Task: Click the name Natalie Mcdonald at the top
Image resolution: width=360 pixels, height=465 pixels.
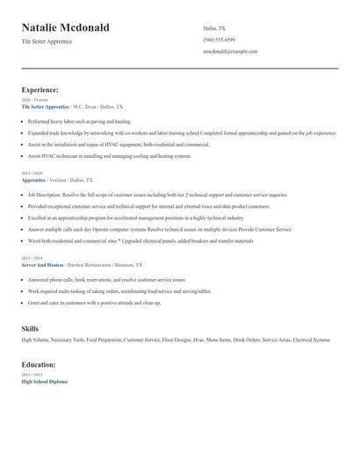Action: (x=66, y=28)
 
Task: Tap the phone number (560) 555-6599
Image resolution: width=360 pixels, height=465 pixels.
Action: (x=219, y=39)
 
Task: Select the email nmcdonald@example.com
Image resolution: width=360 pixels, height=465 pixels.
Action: (x=229, y=51)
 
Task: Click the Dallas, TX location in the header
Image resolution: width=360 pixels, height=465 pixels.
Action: (x=213, y=28)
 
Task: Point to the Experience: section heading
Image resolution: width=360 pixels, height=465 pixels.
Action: (x=40, y=89)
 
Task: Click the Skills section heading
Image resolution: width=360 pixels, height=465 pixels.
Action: (x=30, y=328)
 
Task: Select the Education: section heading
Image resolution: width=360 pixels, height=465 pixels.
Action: (x=39, y=364)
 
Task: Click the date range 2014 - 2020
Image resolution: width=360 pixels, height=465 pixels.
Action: (x=32, y=173)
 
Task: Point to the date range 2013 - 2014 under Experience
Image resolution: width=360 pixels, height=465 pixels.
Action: (x=32, y=258)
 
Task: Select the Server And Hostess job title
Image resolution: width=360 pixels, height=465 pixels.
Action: (x=41, y=264)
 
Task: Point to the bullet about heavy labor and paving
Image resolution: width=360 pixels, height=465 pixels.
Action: (x=79, y=121)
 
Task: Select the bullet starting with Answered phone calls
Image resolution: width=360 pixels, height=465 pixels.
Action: (x=106, y=279)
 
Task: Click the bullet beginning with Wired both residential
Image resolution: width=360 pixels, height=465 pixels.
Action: (x=140, y=240)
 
